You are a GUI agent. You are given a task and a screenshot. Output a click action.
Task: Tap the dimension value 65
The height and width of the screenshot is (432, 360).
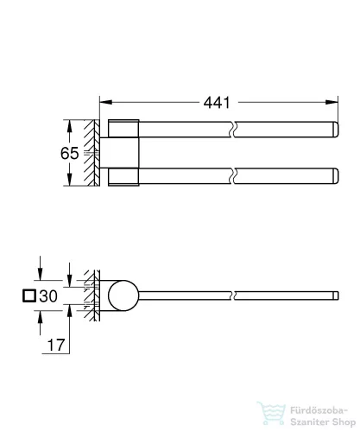(x=70, y=153)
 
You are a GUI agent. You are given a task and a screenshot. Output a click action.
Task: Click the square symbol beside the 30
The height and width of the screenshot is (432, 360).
(x=30, y=296)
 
